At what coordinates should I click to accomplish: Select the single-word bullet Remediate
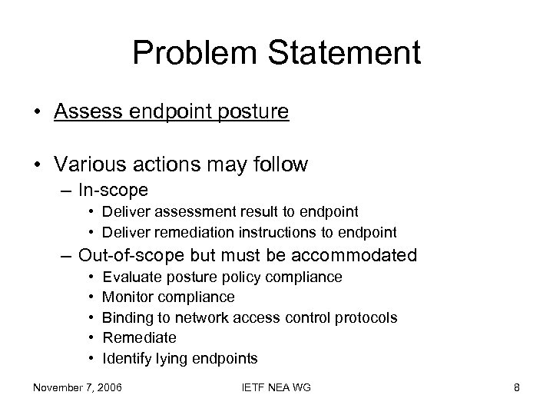139,337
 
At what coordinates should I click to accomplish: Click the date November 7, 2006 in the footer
77,387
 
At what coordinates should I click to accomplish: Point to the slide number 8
516,387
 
